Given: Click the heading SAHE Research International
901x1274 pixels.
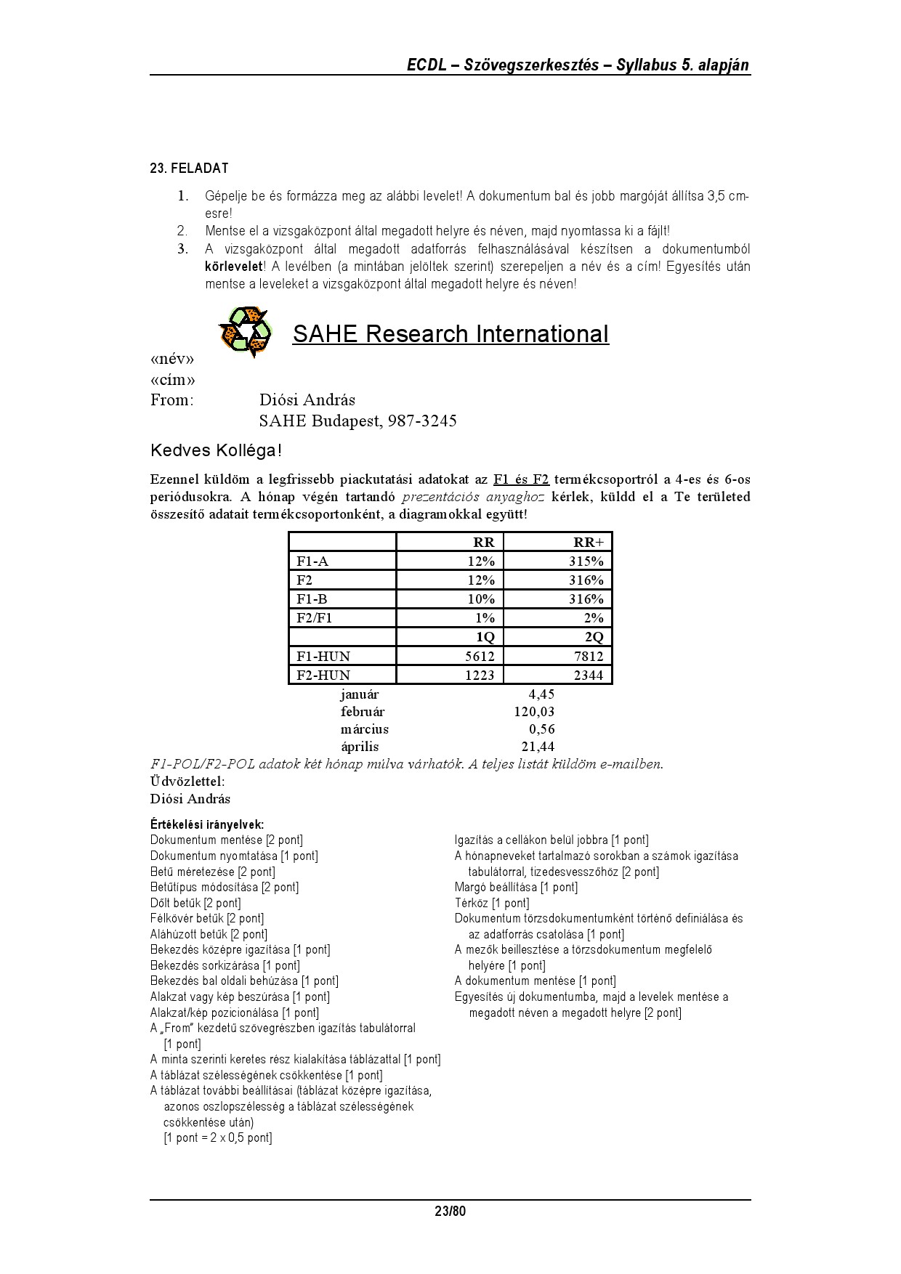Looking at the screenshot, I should click(450, 334).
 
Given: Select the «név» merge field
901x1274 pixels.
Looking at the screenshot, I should click(172, 360).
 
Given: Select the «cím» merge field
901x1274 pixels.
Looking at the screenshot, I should click(172, 380).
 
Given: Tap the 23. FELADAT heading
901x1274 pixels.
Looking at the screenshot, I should click(189, 169).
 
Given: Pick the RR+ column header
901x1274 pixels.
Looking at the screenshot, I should click(588, 543).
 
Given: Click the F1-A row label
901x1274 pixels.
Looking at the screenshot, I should click(312, 561).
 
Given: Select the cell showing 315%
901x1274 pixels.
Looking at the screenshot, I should click(586, 561).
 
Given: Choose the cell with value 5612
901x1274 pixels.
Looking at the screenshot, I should click(480, 657).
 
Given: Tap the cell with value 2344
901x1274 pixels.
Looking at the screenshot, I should click(588, 675).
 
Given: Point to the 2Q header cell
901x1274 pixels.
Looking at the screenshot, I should click(594, 638).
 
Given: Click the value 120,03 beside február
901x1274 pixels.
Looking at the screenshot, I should click(534, 712).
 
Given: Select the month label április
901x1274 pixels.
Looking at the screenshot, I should click(360, 747).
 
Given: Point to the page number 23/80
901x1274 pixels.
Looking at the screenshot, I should click(450, 1212).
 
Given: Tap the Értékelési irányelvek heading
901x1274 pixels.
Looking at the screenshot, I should click(207, 824).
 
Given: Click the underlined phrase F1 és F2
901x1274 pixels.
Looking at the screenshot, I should click(521, 479).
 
